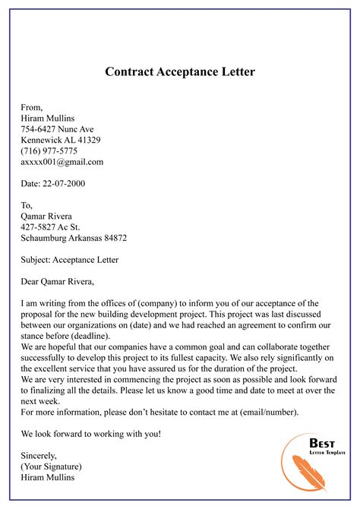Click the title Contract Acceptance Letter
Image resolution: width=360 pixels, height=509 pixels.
pos(180,73)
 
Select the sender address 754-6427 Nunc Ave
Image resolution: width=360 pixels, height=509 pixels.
pos(57,129)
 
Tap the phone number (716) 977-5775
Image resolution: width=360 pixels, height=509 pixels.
pos(49,150)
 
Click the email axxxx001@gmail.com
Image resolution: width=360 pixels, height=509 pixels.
pos(62,162)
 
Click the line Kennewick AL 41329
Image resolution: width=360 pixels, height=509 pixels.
pos(61,140)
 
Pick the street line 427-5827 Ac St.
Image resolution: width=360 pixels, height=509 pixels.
pos(52,226)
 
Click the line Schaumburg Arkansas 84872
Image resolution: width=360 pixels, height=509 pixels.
pos(74,237)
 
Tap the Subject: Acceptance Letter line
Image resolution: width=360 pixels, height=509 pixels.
pos(70,259)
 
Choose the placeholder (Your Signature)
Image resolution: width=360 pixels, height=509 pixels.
pos(52,466)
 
